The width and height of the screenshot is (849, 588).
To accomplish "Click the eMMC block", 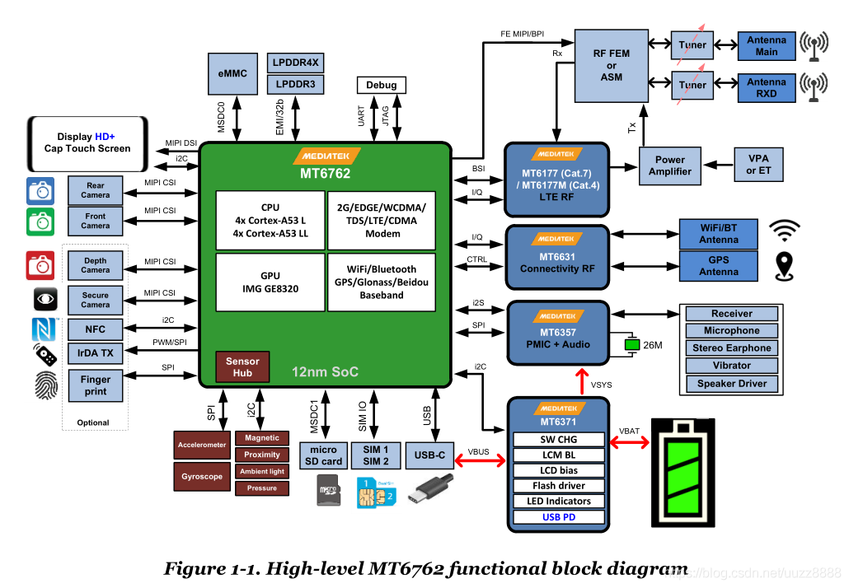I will (x=233, y=74).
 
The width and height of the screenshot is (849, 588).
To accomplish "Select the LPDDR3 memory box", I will (x=295, y=84).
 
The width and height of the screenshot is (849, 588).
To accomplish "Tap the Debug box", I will (x=381, y=85).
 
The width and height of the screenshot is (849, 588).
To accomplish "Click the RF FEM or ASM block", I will (x=611, y=65).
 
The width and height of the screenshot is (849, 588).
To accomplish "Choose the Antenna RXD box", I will (x=766, y=88).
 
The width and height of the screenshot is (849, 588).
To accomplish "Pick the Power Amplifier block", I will (x=669, y=166).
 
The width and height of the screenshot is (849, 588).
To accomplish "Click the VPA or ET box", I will (x=758, y=165).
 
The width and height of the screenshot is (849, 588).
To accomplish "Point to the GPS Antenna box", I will (x=718, y=265).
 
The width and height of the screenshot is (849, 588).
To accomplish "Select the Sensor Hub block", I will (x=242, y=367).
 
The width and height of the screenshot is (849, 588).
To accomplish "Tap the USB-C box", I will (x=429, y=455).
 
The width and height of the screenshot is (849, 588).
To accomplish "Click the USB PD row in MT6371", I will (x=558, y=517).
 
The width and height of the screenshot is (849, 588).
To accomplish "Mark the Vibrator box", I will (x=731, y=366).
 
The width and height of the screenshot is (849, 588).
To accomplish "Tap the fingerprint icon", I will (x=45, y=385).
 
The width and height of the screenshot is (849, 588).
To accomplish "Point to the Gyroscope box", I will (x=202, y=476).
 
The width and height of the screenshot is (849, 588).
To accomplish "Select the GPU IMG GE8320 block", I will (x=270, y=282).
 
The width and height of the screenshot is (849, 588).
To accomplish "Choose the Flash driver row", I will (x=558, y=486).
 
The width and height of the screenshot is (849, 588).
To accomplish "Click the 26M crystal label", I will (x=653, y=345).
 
